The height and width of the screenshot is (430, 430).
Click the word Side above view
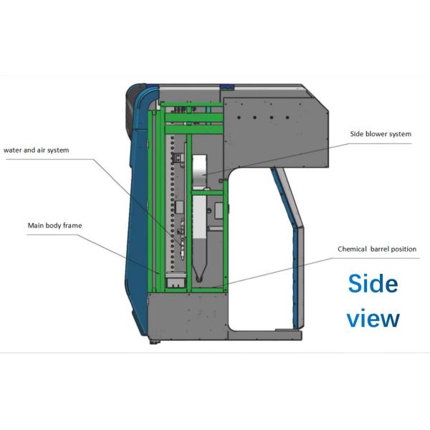(373, 284)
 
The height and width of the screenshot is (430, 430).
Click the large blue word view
(373, 318)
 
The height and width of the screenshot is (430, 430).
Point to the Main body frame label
(54, 226)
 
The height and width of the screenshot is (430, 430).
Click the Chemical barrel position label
(377, 249)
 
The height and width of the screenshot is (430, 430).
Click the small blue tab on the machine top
(227, 87)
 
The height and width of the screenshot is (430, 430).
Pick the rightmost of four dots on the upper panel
(291, 115)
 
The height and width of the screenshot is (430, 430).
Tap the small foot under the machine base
(154, 341)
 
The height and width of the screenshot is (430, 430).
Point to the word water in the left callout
(14, 150)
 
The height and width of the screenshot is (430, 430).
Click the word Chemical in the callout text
(353, 249)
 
